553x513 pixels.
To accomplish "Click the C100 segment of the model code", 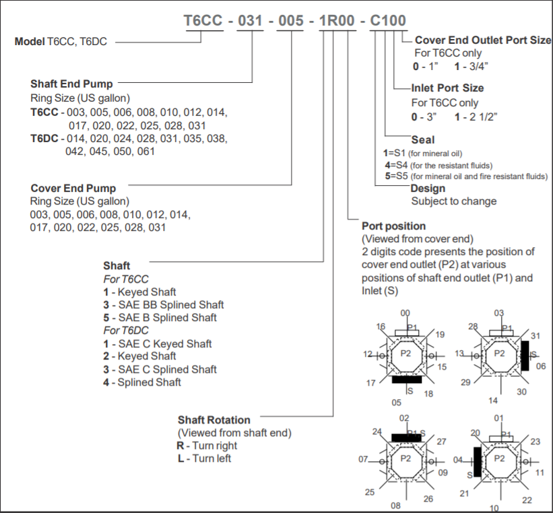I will (387, 21).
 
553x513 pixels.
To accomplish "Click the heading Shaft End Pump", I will (71, 84).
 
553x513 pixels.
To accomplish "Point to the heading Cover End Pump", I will (73, 189).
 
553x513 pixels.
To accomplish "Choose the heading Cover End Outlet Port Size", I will (482, 40).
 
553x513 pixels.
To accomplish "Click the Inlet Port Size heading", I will (447, 88).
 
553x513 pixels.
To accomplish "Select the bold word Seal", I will (423, 140).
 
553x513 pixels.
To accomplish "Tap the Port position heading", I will (393, 226).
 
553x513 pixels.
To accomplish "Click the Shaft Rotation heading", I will (214, 420).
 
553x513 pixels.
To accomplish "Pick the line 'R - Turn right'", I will (207, 446).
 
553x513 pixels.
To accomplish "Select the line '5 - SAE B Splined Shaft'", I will (160, 318).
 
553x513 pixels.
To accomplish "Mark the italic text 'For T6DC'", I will (125, 331).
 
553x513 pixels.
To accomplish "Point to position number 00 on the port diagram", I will (405, 313).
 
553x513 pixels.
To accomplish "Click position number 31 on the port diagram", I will (535, 335).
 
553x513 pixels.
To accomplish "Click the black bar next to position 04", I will (478, 461).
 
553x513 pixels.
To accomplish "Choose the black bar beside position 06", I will (525, 355).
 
